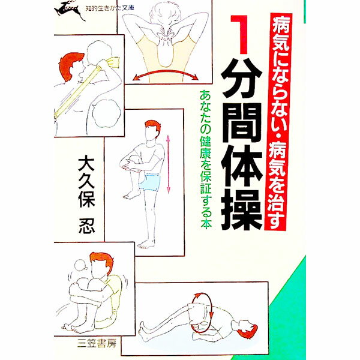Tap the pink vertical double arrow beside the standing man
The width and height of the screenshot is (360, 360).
[x=168, y=163]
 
